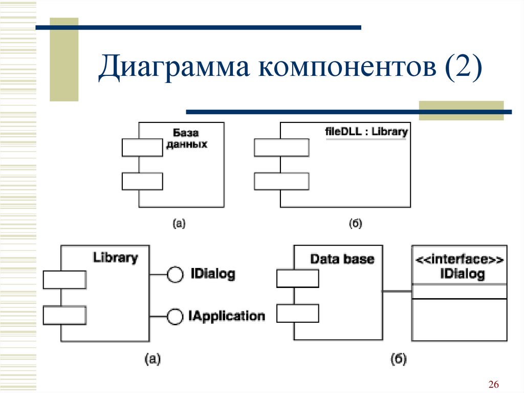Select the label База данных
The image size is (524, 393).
(x=186, y=138)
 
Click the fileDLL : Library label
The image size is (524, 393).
(x=366, y=132)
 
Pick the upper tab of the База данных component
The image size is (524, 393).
(x=142, y=148)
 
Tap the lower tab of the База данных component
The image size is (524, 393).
(x=142, y=181)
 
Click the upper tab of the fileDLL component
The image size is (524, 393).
(x=281, y=148)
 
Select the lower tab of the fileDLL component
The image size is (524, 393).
(x=281, y=181)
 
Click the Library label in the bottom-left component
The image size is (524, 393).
(x=115, y=258)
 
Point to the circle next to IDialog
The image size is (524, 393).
(x=175, y=275)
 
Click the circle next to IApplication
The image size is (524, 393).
(x=175, y=316)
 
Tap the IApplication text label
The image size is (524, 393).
(x=227, y=316)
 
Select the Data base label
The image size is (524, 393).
(x=342, y=259)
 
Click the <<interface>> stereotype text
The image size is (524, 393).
(x=459, y=259)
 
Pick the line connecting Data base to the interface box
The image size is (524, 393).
(x=397, y=291)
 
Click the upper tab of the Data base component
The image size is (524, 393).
(x=298, y=279)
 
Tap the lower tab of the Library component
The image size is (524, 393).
(x=65, y=315)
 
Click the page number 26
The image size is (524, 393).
(x=494, y=384)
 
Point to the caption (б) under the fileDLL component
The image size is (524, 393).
(x=356, y=223)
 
